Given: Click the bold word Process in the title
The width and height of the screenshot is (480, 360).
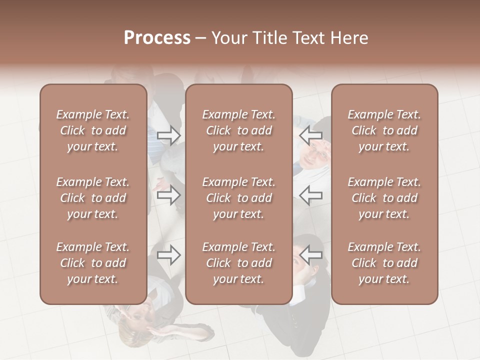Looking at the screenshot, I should click(157, 38).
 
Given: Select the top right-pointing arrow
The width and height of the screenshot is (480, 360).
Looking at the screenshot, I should click(168, 135).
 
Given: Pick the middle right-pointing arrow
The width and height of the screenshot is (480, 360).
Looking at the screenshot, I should click(168, 195).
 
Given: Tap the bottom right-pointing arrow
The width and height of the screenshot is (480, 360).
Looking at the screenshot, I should click(168, 255).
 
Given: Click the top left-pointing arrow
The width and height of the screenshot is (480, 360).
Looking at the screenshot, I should click(311, 135).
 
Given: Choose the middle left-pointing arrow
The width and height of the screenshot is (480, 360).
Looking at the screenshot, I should click(311, 195).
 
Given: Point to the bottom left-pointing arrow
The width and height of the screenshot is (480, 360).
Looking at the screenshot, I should click(311, 255).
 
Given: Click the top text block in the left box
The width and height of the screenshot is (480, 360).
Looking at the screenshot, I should click(93, 130).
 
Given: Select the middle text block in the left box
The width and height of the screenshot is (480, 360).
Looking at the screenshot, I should click(93, 198).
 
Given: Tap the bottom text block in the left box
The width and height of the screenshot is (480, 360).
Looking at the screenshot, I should click(93, 263).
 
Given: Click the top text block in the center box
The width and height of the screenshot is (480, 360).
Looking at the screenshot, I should click(238, 130).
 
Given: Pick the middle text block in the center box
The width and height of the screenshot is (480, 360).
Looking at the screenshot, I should click(238, 198).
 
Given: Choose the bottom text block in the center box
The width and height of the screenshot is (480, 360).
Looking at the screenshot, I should click(238, 263).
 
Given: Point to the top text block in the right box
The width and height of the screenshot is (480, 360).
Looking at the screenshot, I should click(384, 130).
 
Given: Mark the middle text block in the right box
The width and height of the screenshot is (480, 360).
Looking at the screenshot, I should click(384, 198).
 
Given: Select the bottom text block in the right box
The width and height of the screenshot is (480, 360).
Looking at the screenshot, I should click(384, 263).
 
